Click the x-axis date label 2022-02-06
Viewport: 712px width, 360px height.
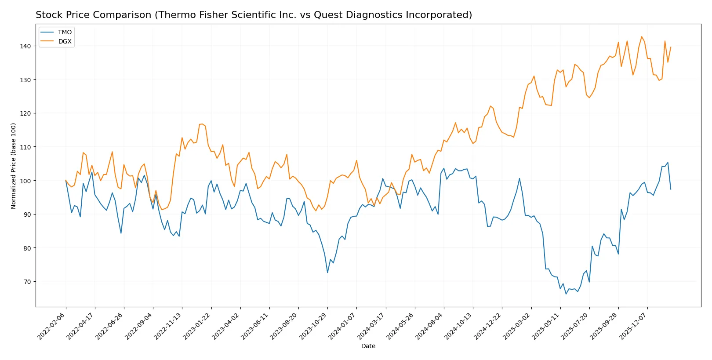click(x=52, y=326)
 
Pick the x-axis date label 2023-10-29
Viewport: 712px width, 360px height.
click(x=313, y=326)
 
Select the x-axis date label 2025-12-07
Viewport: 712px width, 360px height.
click(x=633, y=326)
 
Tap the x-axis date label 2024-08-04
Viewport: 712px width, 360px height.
click(x=430, y=326)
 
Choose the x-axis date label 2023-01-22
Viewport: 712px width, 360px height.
click(x=197, y=326)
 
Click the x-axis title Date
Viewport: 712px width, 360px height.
click(x=368, y=346)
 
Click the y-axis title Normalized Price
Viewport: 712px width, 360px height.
click(x=14, y=166)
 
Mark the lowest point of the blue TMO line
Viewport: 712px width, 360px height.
click(x=566, y=294)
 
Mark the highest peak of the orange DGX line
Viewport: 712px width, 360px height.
click(x=642, y=37)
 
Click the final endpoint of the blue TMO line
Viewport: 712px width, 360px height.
click(x=671, y=189)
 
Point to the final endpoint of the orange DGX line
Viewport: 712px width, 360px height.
click(x=671, y=47)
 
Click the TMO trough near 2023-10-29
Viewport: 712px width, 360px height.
click(x=327, y=273)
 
